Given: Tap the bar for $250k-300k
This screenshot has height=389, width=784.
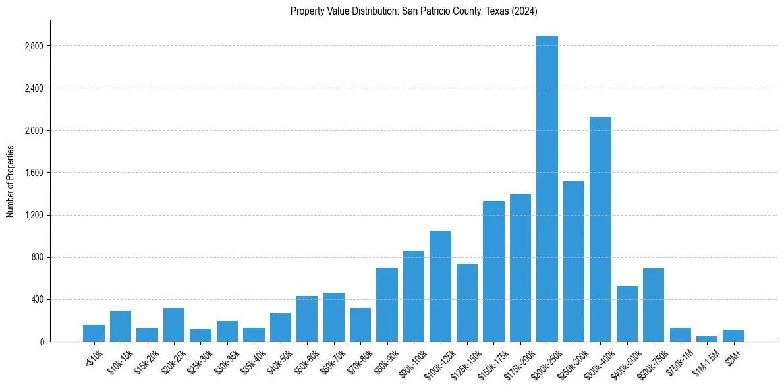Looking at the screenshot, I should (574, 261).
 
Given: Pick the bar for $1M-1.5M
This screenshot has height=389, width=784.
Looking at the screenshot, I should (707, 339).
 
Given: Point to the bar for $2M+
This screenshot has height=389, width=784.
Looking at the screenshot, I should (733, 336).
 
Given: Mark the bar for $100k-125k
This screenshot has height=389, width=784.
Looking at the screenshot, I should (440, 286).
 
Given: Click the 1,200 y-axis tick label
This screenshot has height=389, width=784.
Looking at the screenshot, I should (34, 215).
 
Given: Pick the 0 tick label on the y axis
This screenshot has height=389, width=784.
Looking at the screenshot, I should (41, 342).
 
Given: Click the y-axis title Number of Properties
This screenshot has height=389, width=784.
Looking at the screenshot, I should (10, 181).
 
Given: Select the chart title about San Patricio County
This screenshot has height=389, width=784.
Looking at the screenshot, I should (414, 11).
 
